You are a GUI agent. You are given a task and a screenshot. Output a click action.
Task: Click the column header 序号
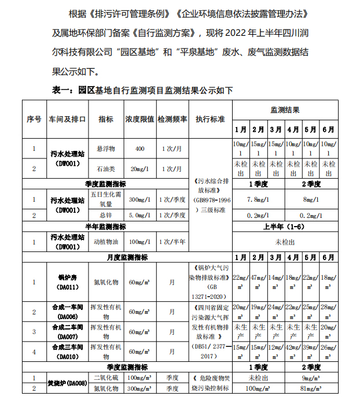[x=34, y=119]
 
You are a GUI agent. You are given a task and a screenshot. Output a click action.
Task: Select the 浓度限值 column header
[x=139, y=119]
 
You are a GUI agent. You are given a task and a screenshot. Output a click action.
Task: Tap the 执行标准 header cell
[x=210, y=119]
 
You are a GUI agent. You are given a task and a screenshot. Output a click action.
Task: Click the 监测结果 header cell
[x=285, y=110]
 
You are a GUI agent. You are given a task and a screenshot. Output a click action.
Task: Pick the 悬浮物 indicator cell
[x=106, y=149]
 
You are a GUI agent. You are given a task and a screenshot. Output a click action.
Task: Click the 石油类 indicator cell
[x=106, y=168]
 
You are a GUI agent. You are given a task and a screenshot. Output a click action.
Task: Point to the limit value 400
[x=139, y=149]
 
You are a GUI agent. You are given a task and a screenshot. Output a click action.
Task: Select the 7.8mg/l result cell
[x=258, y=199]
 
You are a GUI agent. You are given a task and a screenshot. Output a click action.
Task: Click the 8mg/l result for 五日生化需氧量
[x=311, y=199]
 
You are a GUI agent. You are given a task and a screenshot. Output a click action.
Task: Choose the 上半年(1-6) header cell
[x=285, y=226]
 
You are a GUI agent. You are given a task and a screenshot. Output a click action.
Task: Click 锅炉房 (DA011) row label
[x=68, y=282]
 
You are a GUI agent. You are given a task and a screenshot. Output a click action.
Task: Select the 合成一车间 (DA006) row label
[x=68, y=312]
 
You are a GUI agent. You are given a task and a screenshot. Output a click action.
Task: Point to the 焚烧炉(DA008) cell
[x=68, y=383]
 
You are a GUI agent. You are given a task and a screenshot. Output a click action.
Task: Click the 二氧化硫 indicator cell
[x=106, y=378]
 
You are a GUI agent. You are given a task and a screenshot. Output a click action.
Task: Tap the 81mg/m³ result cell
[x=311, y=388]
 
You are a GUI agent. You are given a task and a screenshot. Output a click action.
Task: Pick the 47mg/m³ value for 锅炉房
[x=258, y=282]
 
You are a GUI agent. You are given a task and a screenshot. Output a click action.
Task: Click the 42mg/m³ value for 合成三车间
[x=293, y=351]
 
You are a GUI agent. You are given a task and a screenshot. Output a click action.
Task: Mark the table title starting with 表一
[x=143, y=91]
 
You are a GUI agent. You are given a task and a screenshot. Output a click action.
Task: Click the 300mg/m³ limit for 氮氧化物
[x=139, y=388]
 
